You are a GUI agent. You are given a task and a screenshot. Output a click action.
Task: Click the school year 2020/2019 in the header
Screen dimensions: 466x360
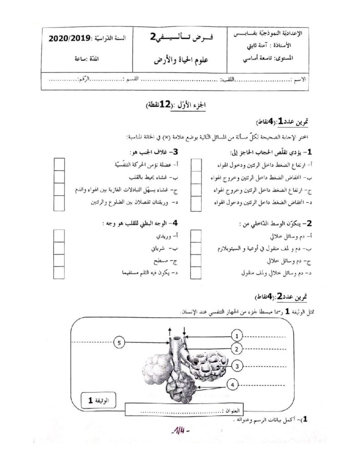coord(68,39)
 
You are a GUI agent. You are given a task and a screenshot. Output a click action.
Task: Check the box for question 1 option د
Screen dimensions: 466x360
coord(196,203)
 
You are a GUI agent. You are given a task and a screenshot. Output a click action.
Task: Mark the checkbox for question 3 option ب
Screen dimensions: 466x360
coord(60,177)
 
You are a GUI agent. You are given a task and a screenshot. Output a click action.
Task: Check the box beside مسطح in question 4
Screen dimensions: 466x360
coord(60,261)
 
